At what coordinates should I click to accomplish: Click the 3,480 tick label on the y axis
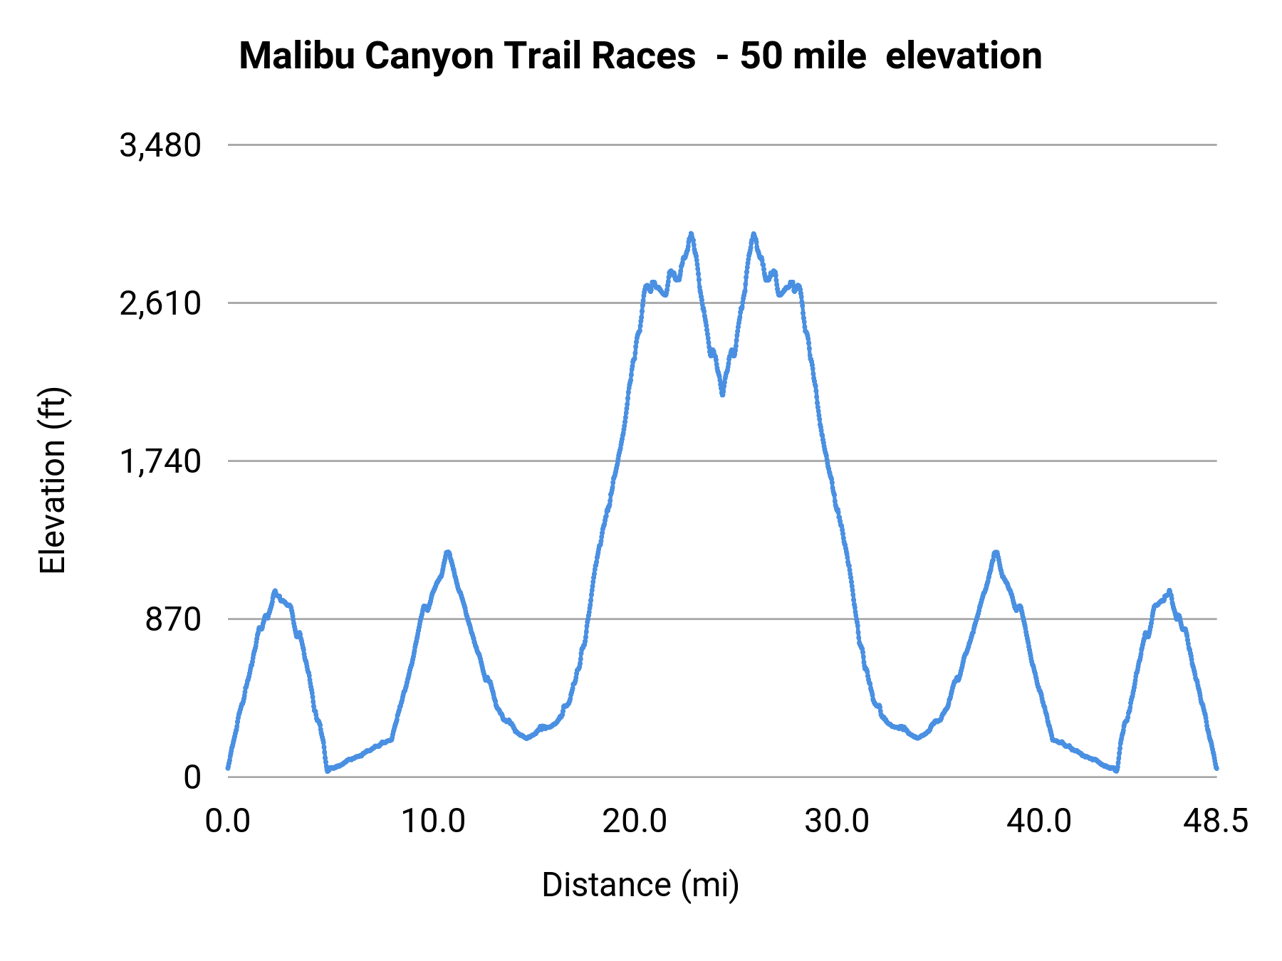click(160, 146)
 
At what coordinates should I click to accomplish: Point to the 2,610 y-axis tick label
click(160, 304)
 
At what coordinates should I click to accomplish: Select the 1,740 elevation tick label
click(160, 462)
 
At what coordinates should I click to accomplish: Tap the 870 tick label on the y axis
click(174, 620)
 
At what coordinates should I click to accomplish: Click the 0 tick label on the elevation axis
click(192, 778)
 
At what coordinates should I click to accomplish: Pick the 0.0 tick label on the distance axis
click(228, 821)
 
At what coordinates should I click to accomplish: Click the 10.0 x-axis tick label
click(433, 821)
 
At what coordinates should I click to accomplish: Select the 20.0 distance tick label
click(635, 821)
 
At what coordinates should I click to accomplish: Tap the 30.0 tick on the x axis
click(837, 821)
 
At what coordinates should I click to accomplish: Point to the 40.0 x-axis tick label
click(1038, 821)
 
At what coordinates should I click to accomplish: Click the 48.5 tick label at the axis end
click(1216, 821)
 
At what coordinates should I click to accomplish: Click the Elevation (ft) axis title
click(53, 480)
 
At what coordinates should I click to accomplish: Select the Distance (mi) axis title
click(640, 885)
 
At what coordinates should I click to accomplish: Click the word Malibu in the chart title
click(297, 56)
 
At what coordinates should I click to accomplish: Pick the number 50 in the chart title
click(761, 56)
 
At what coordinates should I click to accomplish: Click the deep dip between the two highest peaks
click(722, 394)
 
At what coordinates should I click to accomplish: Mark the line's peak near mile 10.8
click(447, 552)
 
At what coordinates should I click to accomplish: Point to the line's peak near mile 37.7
click(996, 552)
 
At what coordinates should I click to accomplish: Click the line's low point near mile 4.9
click(327, 770)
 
